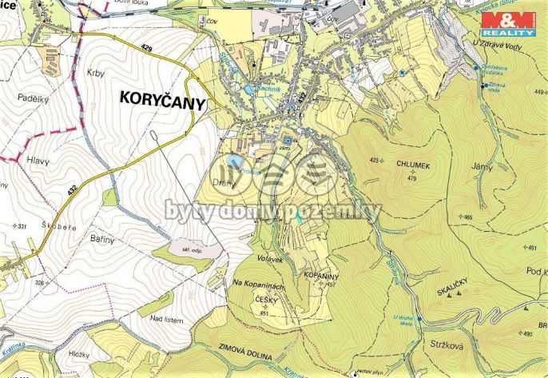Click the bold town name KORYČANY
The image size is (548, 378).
point(162,99)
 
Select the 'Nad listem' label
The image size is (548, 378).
point(168,320)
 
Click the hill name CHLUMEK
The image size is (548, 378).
point(413,165)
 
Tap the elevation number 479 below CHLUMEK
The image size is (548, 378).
point(412,177)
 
